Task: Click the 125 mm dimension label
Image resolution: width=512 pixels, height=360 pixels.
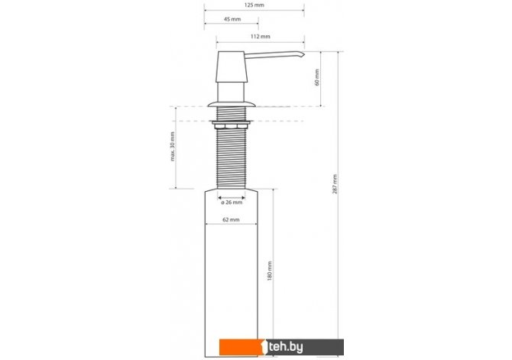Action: (254, 5)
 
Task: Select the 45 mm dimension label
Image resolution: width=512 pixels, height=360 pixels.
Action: (232, 19)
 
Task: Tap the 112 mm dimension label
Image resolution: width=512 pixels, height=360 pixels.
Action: (261, 36)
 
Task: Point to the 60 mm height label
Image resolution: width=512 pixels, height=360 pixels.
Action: (317, 77)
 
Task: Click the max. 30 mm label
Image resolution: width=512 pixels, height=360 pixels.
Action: (173, 146)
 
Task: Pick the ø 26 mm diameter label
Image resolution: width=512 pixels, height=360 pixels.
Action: (232, 203)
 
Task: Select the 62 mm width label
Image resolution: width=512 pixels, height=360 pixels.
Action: (231, 219)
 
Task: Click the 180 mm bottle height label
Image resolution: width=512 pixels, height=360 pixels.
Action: (270, 271)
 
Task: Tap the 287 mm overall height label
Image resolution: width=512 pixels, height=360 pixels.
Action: (335, 184)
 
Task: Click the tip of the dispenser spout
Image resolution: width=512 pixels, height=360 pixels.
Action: (304, 54)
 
